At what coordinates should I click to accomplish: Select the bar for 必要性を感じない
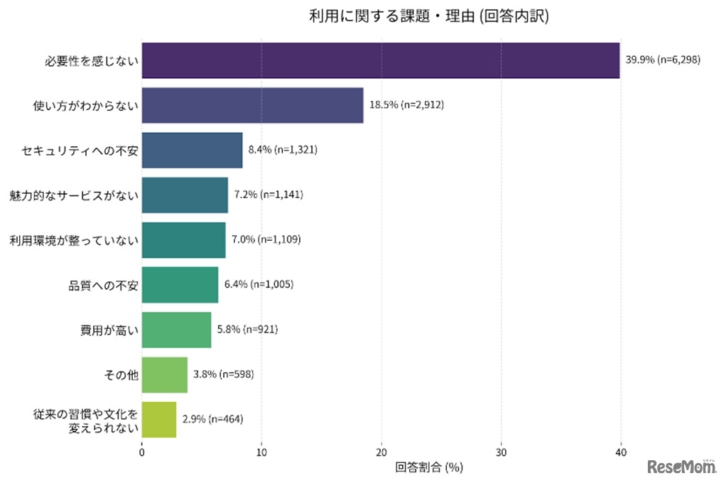[x=381, y=60]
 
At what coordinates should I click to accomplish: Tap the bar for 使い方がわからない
[x=252, y=105]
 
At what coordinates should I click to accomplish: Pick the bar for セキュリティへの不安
[x=192, y=150]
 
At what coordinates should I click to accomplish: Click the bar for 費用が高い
[x=176, y=330]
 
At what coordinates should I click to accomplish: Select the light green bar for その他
[x=164, y=374]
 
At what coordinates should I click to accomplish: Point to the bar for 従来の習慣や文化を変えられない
[x=158, y=419]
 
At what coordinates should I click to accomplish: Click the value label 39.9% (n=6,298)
[x=663, y=60]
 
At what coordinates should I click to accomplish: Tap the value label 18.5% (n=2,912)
[x=406, y=105]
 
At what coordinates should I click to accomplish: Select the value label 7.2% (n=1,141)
[x=269, y=195]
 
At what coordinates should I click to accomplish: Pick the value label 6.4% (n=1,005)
[x=259, y=284]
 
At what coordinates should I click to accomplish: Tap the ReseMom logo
[x=681, y=466]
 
